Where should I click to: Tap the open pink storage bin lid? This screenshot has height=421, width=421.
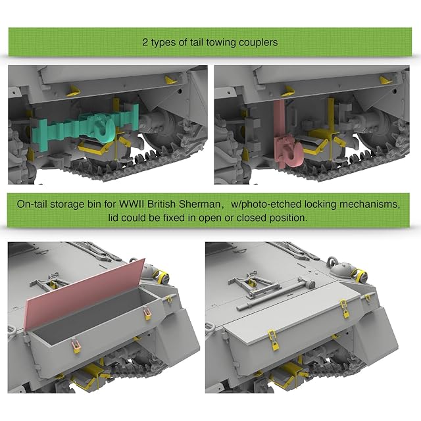86,294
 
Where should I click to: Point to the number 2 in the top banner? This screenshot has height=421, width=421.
145,42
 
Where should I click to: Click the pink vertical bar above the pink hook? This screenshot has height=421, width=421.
279,120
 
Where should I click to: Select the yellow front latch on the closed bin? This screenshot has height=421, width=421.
274,340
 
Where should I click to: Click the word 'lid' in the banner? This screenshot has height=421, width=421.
114,218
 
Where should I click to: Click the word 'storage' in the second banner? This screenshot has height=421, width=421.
67,205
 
